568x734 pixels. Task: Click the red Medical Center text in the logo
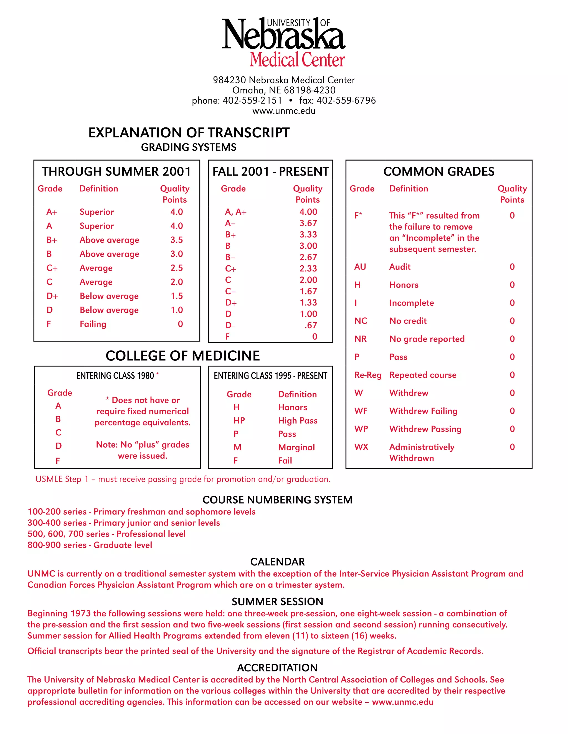(x=297, y=60)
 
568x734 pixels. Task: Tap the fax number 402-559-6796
(x=346, y=101)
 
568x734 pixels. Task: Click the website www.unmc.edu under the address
(x=284, y=111)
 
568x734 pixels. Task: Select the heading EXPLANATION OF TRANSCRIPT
(x=189, y=133)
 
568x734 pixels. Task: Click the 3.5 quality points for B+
(x=176, y=240)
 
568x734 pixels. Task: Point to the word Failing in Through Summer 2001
(x=93, y=324)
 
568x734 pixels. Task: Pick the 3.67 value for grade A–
(x=308, y=223)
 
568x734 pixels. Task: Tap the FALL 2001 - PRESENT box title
(x=270, y=172)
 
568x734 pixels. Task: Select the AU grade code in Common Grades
(x=360, y=267)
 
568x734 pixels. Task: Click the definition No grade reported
(x=427, y=339)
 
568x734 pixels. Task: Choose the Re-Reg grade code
(x=368, y=375)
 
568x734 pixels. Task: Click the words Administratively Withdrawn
(x=421, y=452)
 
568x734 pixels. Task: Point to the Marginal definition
(x=296, y=447)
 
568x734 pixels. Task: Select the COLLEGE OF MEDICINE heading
(x=183, y=356)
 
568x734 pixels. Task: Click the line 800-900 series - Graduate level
(x=90, y=545)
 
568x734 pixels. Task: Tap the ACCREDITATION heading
(x=277, y=668)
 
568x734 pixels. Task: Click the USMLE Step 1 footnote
(x=183, y=479)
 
